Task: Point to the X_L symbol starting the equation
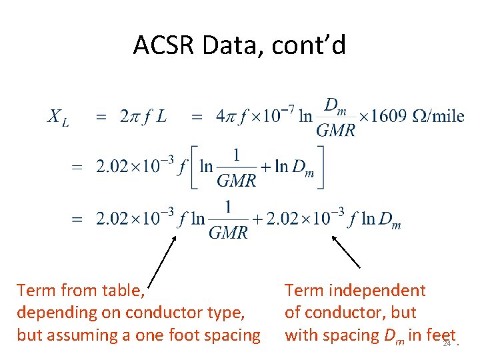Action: click(x=58, y=118)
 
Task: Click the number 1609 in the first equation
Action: click(x=385, y=117)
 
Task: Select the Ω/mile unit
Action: click(x=438, y=117)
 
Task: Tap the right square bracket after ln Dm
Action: click(x=321, y=167)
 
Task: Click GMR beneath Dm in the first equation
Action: click(x=335, y=130)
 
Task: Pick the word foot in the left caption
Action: click(x=196, y=335)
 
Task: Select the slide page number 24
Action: click(x=447, y=343)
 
